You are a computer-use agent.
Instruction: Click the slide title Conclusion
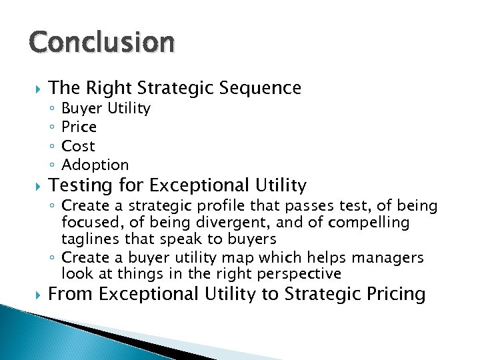(102, 42)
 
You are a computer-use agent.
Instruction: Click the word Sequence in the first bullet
(264, 88)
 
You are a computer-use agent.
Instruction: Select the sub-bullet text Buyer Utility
(106, 108)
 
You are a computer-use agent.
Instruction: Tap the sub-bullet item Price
(79, 127)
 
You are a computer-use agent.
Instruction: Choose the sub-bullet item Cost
(78, 145)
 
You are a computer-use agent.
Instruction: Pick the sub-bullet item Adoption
(95, 164)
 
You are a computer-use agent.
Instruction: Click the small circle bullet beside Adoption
(52, 165)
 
